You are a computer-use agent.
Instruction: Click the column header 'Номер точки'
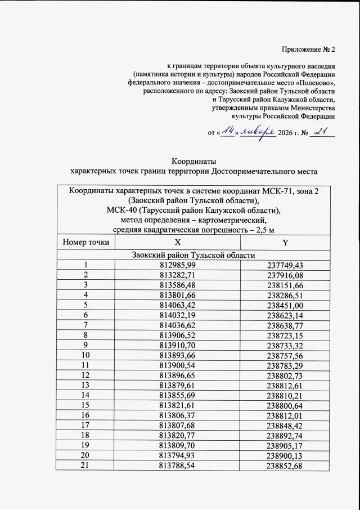86,243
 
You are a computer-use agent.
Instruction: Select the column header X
177,243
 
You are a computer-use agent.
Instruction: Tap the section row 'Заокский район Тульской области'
193,255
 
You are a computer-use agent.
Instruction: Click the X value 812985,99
177,265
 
